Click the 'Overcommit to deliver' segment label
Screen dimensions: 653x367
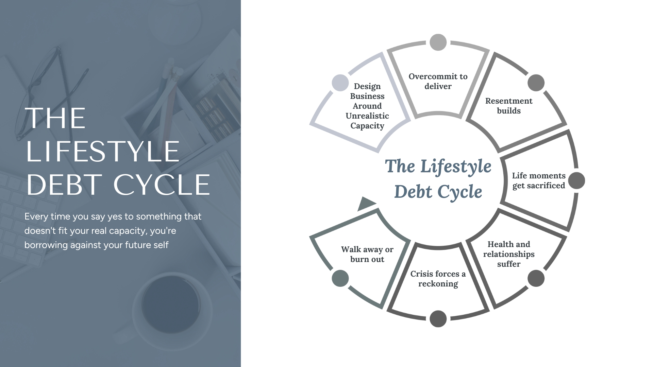[x=438, y=81]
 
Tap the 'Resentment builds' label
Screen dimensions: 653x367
[x=509, y=106]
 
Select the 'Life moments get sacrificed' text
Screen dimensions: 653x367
[x=539, y=180]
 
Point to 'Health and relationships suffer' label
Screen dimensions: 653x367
[x=509, y=254]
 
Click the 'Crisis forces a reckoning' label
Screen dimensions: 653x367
[x=438, y=279]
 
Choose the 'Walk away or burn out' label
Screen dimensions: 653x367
[x=367, y=254]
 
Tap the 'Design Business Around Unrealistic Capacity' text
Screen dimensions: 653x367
[x=367, y=106]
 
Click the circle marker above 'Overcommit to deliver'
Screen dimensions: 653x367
[x=438, y=42]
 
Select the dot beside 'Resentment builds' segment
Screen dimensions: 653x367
[x=536, y=83]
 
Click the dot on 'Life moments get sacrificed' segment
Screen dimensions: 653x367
[x=576, y=180]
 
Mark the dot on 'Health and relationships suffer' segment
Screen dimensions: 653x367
[x=536, y=278]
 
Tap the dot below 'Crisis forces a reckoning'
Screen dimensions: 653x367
[x=438, y=319]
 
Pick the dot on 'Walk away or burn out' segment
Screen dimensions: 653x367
[x=340, y=278]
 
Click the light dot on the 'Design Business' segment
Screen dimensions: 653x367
[x=340, y=83]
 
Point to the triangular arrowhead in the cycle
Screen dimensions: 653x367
[x=366, y=204]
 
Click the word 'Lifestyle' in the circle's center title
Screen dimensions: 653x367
[x=456, y=167]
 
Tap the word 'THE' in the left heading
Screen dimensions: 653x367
[x=55, y=118]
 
